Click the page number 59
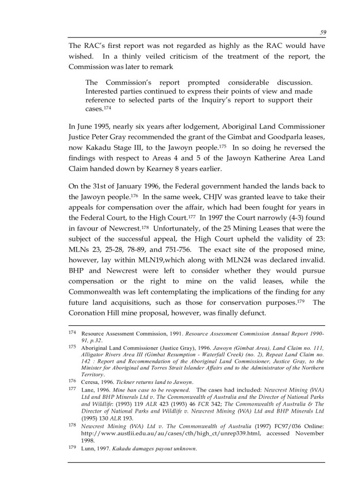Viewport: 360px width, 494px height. [322, 32]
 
